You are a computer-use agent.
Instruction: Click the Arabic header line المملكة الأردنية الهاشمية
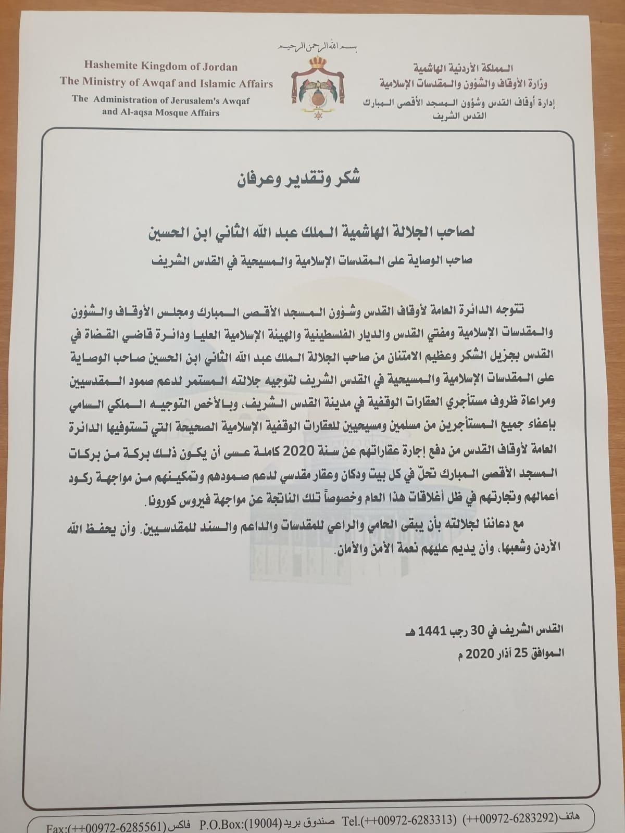coord(461,68)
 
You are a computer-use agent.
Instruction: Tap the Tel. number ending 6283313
coord(414,814)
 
